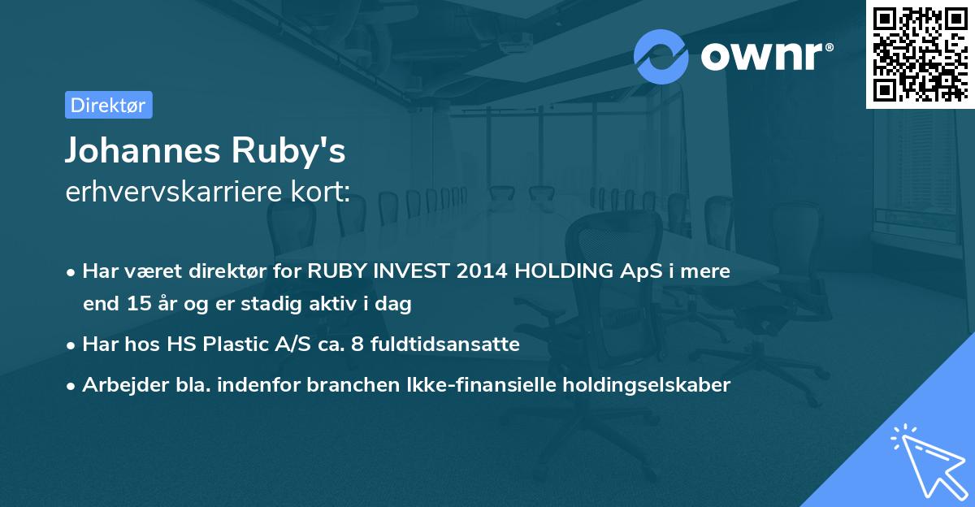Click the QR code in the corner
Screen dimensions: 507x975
coord(921,54)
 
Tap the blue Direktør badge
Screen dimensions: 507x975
coord(108,105)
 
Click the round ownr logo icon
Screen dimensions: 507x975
coord(661,55)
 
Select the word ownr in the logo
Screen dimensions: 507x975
coord(766,56)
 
